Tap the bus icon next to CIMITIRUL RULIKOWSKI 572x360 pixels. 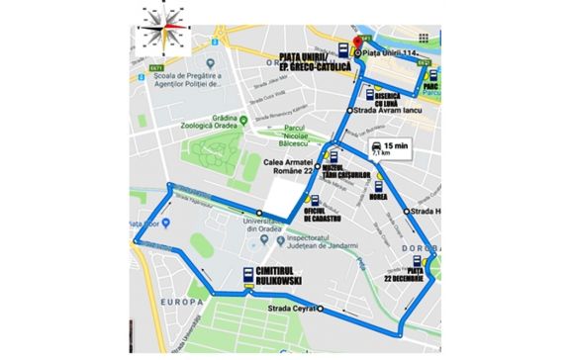(247, 277)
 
